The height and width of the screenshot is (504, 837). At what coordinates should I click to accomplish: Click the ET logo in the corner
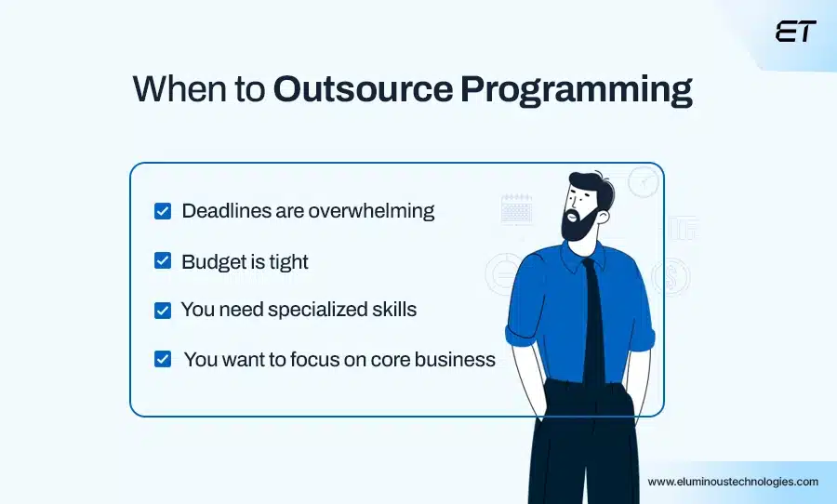pos(795,31)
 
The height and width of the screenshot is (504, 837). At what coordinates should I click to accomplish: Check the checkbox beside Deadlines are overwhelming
pos(163,211)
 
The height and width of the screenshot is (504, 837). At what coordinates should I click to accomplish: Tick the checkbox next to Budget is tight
pos(163,261)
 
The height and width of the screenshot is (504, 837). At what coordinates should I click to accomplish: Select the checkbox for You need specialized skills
pos(163,310)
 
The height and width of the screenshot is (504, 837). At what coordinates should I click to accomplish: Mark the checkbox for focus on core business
pos(163,359)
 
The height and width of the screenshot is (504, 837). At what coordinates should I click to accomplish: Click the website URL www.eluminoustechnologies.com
pos(733,482)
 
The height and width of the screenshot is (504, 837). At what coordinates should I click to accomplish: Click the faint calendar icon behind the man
pos(516,209)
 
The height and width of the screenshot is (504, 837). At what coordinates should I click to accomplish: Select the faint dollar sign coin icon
pos(670,276)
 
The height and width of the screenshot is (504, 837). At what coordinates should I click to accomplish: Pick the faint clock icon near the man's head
pos(643,182)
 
